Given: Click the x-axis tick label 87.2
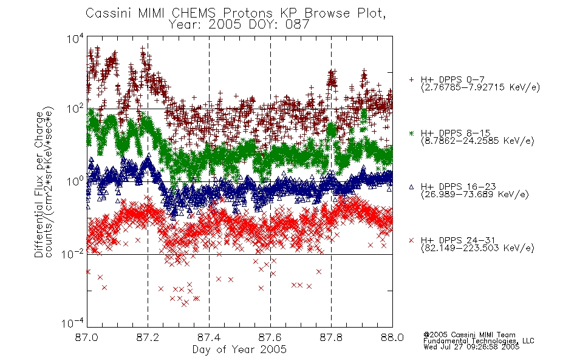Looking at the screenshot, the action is click(148, 337).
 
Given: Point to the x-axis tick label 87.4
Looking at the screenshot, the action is click(209, 337).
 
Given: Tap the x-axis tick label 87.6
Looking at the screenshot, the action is click(270, 337).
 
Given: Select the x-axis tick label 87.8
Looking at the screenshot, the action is click(331, 337).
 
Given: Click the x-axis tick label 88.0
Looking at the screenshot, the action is click(392, 337).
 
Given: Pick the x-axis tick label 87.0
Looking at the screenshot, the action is click(86, 337).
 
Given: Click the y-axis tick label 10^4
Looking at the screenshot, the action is click(75, 38).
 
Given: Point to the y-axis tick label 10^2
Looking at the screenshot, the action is click(75, 109).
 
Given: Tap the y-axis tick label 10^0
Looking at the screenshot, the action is click(75, 181).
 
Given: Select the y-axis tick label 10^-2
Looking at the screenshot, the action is click(73, 254).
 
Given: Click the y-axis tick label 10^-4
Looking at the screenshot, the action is click(73, 323).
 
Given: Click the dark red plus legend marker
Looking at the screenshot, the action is click(411, 79).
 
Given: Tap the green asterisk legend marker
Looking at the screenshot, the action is click(411, 133).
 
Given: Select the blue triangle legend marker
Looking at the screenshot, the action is click(411, 187).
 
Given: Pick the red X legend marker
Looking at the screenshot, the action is click(411, 240).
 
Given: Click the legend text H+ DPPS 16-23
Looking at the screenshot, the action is click(458, 187).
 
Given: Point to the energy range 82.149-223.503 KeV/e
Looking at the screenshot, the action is click(477, 248).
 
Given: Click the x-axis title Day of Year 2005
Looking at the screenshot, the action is click(239, 349).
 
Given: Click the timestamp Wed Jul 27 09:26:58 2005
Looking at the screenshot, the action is click(471, 346).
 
